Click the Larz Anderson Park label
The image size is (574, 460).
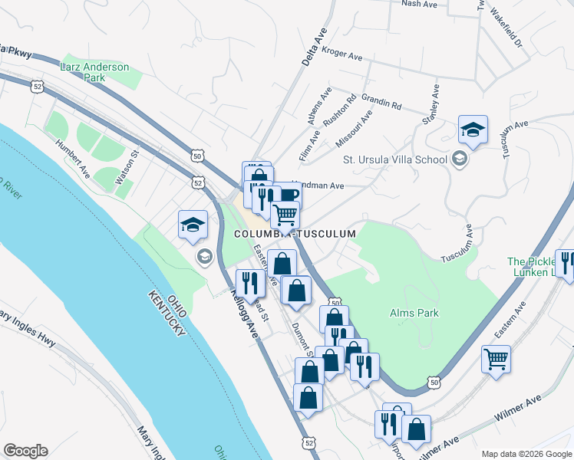click(94, 72)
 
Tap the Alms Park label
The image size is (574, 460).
click(413, 313)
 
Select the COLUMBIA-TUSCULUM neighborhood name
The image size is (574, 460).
click(295, 234)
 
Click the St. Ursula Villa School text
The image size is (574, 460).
click(394, 159)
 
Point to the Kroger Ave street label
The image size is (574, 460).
click(342, 56)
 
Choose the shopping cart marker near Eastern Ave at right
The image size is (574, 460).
click(496, 358)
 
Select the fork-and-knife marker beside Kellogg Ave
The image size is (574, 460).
click(251, 282)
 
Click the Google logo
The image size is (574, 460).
click(25, 451)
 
